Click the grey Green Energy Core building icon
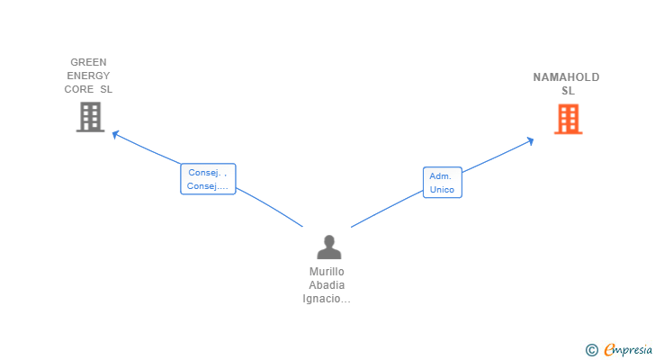[x=90, y=117]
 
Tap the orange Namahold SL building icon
[x=568, y=119]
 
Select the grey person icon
[x=329, y=247]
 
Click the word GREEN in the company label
[x=88, y=63]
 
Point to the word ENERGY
[x=88, y=76]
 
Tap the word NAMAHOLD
[x=566, y=77]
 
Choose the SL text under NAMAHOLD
[x=568, y=91]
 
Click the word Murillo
[x=327, y=272]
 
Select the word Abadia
[x=327, y=285]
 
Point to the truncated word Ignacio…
[x=327, y=299]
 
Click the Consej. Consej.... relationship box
[x=208, y=179]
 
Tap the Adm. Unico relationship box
[x=442, y=183]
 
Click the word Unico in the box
[x=442, y=190]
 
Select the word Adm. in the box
[x=440, y=176]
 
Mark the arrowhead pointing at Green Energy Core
[x=113, y=134]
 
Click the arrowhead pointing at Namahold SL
[x=531, y=139]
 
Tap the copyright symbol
[x=591, y=350]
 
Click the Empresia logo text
[x=629, y=349]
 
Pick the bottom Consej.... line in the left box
[x=208, y=186]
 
